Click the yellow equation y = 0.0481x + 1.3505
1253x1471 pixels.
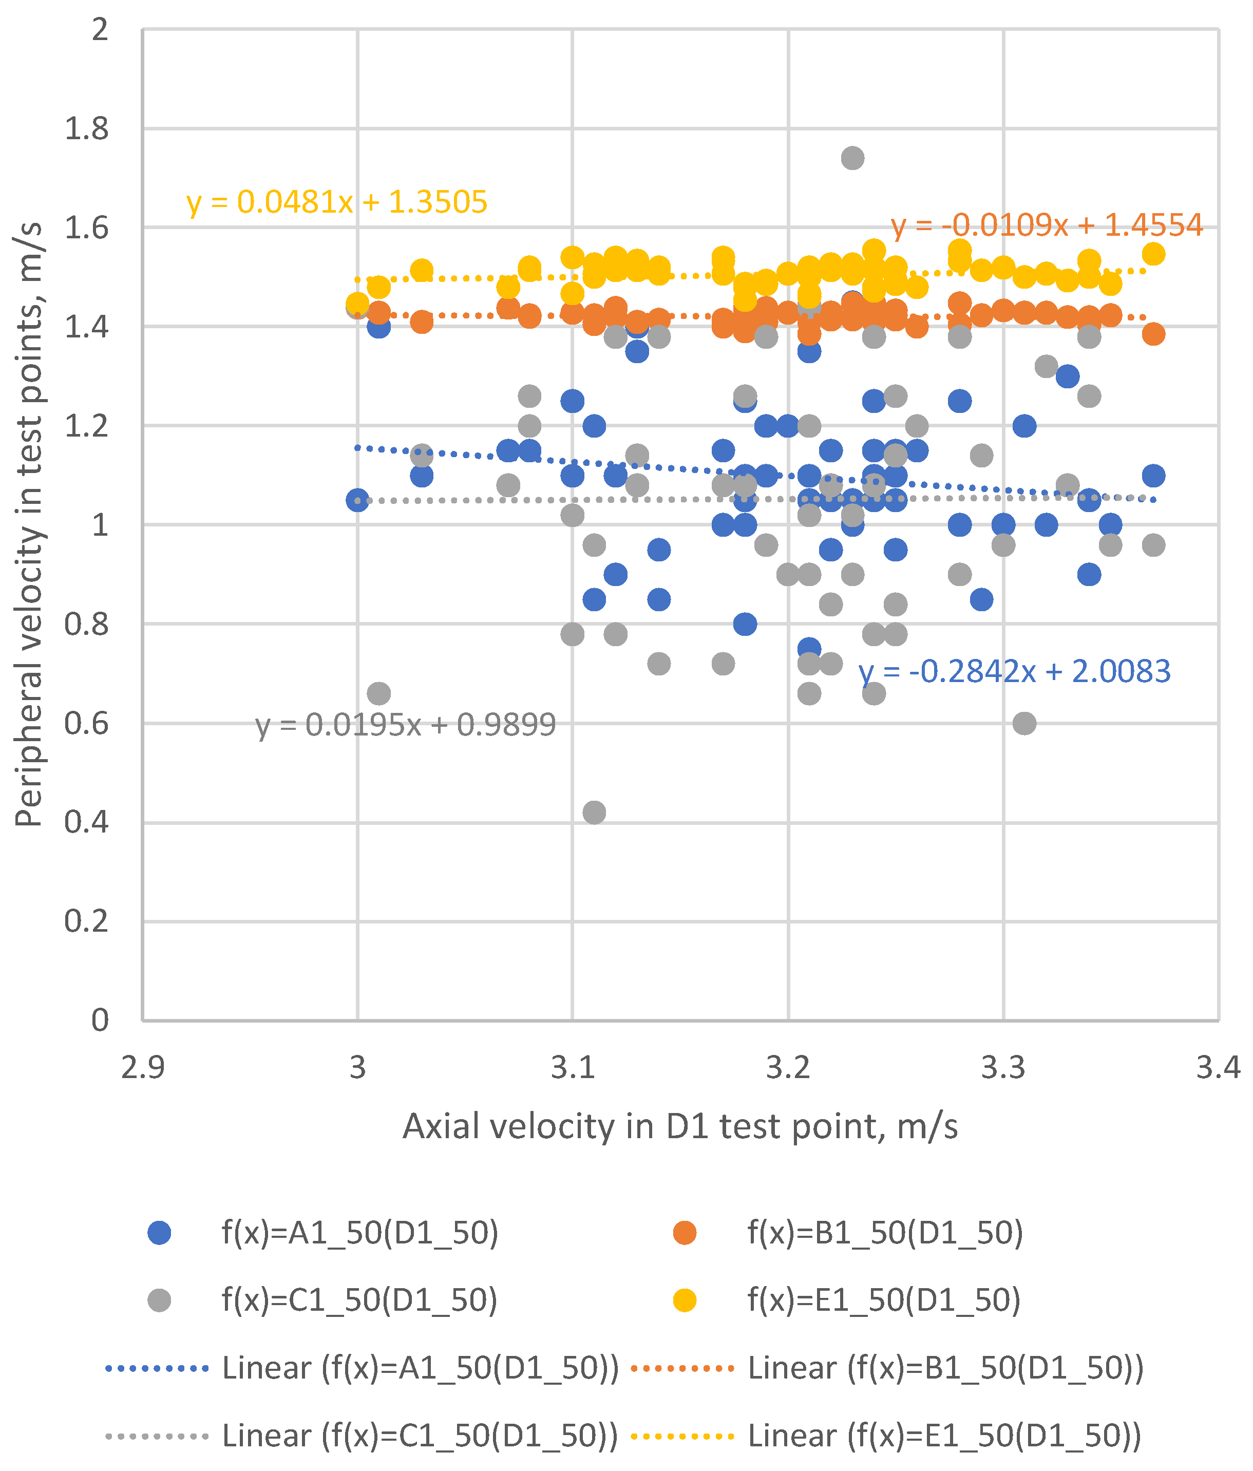coord(336,202)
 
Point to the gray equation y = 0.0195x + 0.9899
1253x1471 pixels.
coord(405,725)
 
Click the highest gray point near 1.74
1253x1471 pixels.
coord(852,158)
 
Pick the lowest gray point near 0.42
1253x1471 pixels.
coord(594,812)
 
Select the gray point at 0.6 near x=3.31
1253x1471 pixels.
coord(1023,724)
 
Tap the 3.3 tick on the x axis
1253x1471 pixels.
coord(1002,1067)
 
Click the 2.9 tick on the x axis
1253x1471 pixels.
coord(143,1067)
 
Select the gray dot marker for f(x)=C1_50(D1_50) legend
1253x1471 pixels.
coord(160,1300)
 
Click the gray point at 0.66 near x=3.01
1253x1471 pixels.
coord(378,693)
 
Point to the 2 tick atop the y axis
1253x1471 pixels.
coord(100,30)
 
